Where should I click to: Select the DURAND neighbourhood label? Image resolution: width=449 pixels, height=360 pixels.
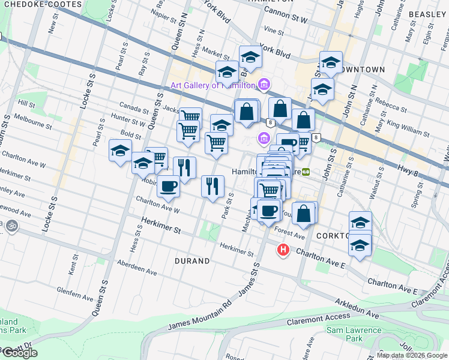tap(192, 261)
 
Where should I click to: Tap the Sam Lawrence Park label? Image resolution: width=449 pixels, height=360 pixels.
tap(354, 334)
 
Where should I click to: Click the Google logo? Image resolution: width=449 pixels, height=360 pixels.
tap(20, 353)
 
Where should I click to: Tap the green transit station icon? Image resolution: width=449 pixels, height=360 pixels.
tap(306, 172)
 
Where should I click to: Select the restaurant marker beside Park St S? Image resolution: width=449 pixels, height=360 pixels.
tap(212, 187)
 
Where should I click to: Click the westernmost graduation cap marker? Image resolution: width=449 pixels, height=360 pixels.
tap(120, 151)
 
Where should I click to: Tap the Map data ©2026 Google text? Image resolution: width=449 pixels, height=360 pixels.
tap(411, 355)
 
